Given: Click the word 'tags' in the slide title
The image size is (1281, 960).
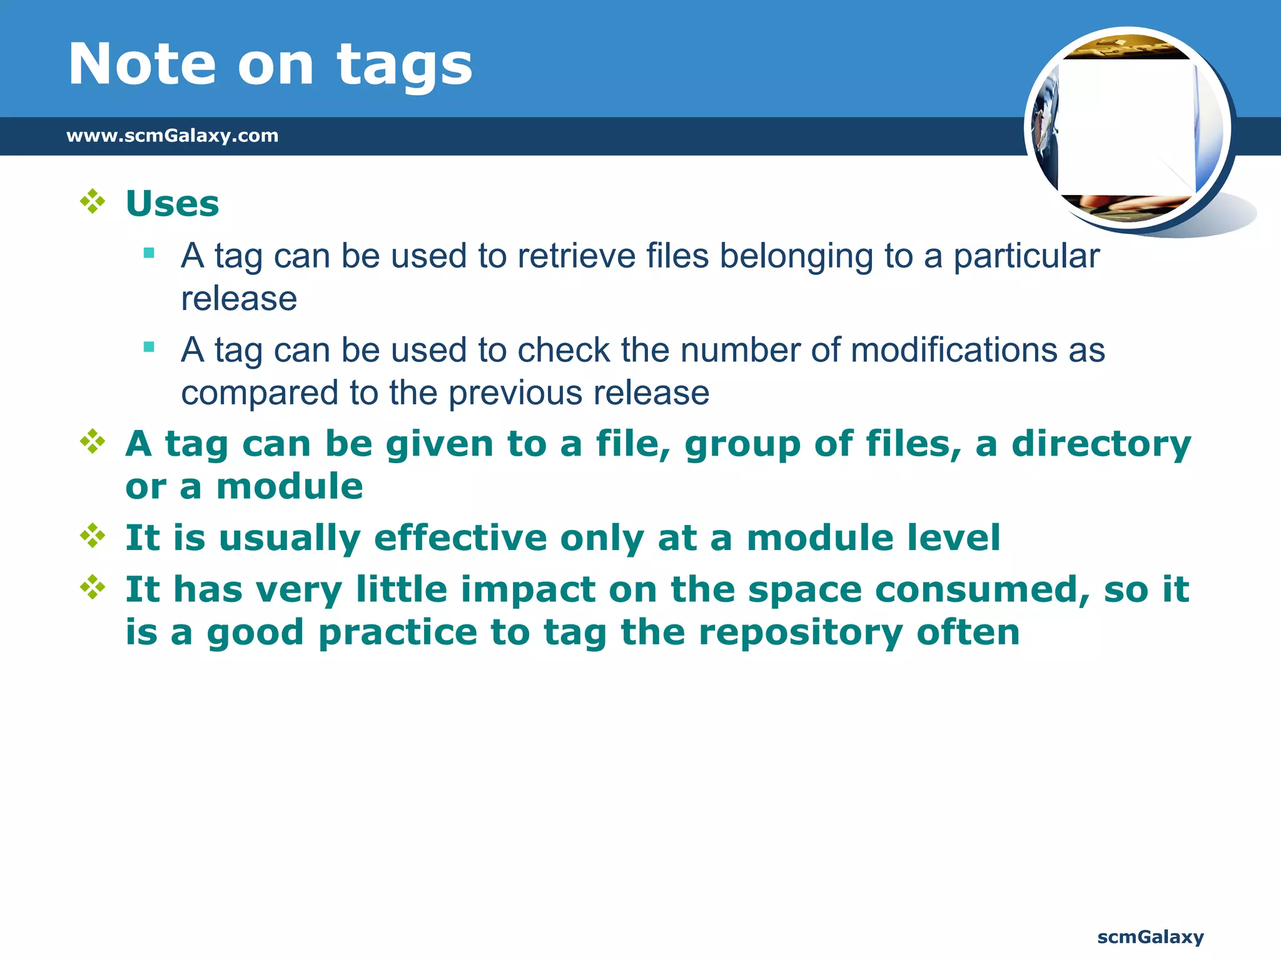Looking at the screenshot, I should pyautogui.click(x=404, y=65).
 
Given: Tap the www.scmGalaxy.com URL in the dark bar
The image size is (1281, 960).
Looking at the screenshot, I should pyautogui.click(x=172, y=136).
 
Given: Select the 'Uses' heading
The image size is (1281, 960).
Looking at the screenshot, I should pyautogui.click(x=172, y=204).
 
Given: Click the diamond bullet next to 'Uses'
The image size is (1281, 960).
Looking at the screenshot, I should pyautogui.click(x=93, y=202).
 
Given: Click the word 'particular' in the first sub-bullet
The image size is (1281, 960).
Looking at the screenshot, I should pyautogui.click(x=1026, y=256).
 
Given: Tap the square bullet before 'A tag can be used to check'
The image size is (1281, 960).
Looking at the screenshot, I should pyautogui.click(x=149, y=347).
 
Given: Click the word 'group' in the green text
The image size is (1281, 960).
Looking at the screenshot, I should pyautogui.click(x=742, y=444).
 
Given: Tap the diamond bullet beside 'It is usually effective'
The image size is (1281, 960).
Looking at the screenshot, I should pyautogui.click(x=93, y=536).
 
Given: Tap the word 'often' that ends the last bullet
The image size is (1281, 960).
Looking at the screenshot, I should pyautogui.click(x=968, y=632).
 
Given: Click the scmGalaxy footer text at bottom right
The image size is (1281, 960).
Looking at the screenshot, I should pyautogui.click(x=1150, y=937).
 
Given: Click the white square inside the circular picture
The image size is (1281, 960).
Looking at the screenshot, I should pyautogui.click(x=1126, y=127).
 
